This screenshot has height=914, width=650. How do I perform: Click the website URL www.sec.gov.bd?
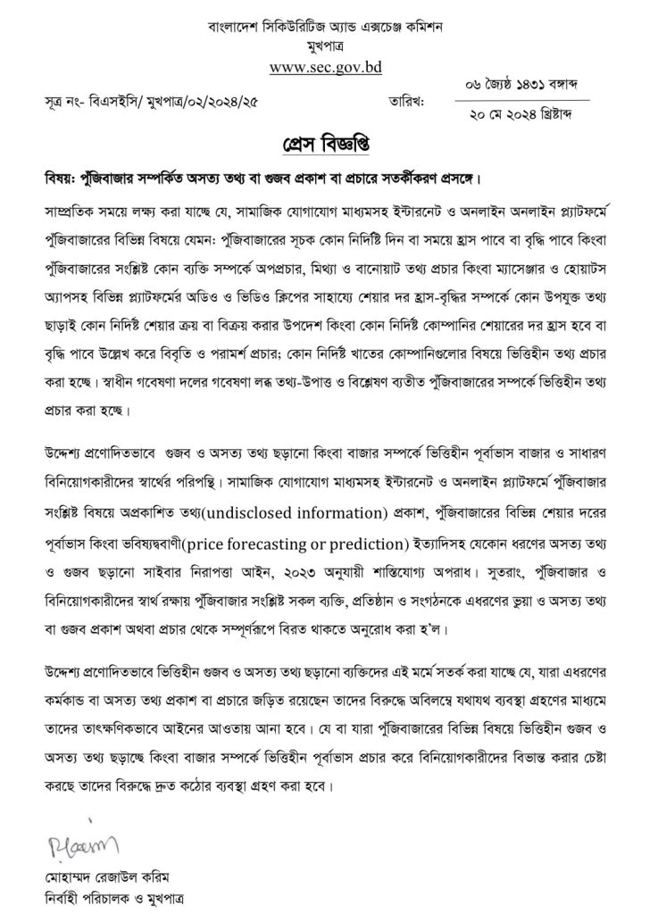tap(325, 66)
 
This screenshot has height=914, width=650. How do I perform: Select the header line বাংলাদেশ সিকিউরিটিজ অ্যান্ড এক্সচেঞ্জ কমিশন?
tap(325, 26)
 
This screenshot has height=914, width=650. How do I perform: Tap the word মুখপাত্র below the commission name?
tap(325, 44)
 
